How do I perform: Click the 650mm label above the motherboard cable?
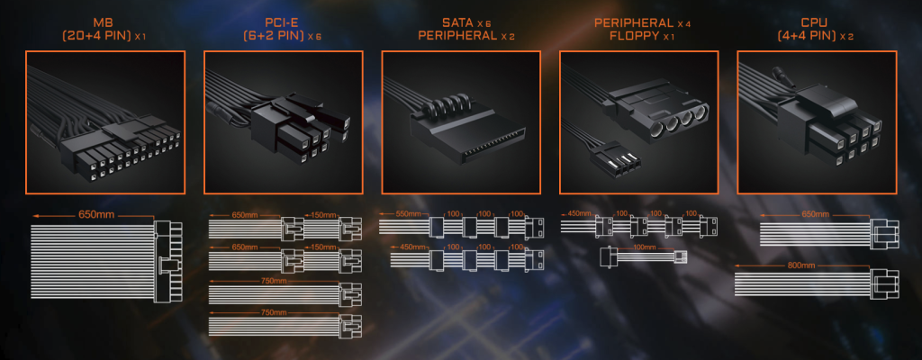coord(95,215)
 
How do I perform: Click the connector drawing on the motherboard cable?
coord(167,261)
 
